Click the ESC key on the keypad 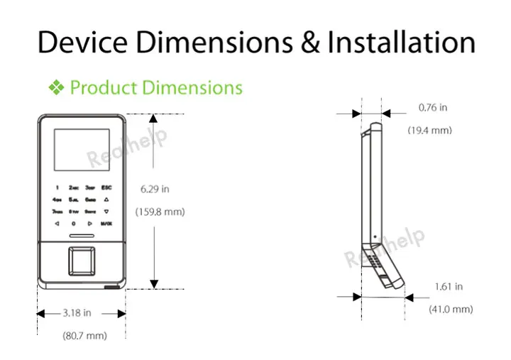(106, 187)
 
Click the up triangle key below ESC (106, 200)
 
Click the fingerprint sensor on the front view (80, 261)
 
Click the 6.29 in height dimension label (154, 189)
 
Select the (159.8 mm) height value (160, 212)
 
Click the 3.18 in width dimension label (77, 312)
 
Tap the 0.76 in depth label (433, 108)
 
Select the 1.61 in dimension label (449, 287)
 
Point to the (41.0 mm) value (451, 309)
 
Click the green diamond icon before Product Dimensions (56, 88)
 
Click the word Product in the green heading (104, 88)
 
